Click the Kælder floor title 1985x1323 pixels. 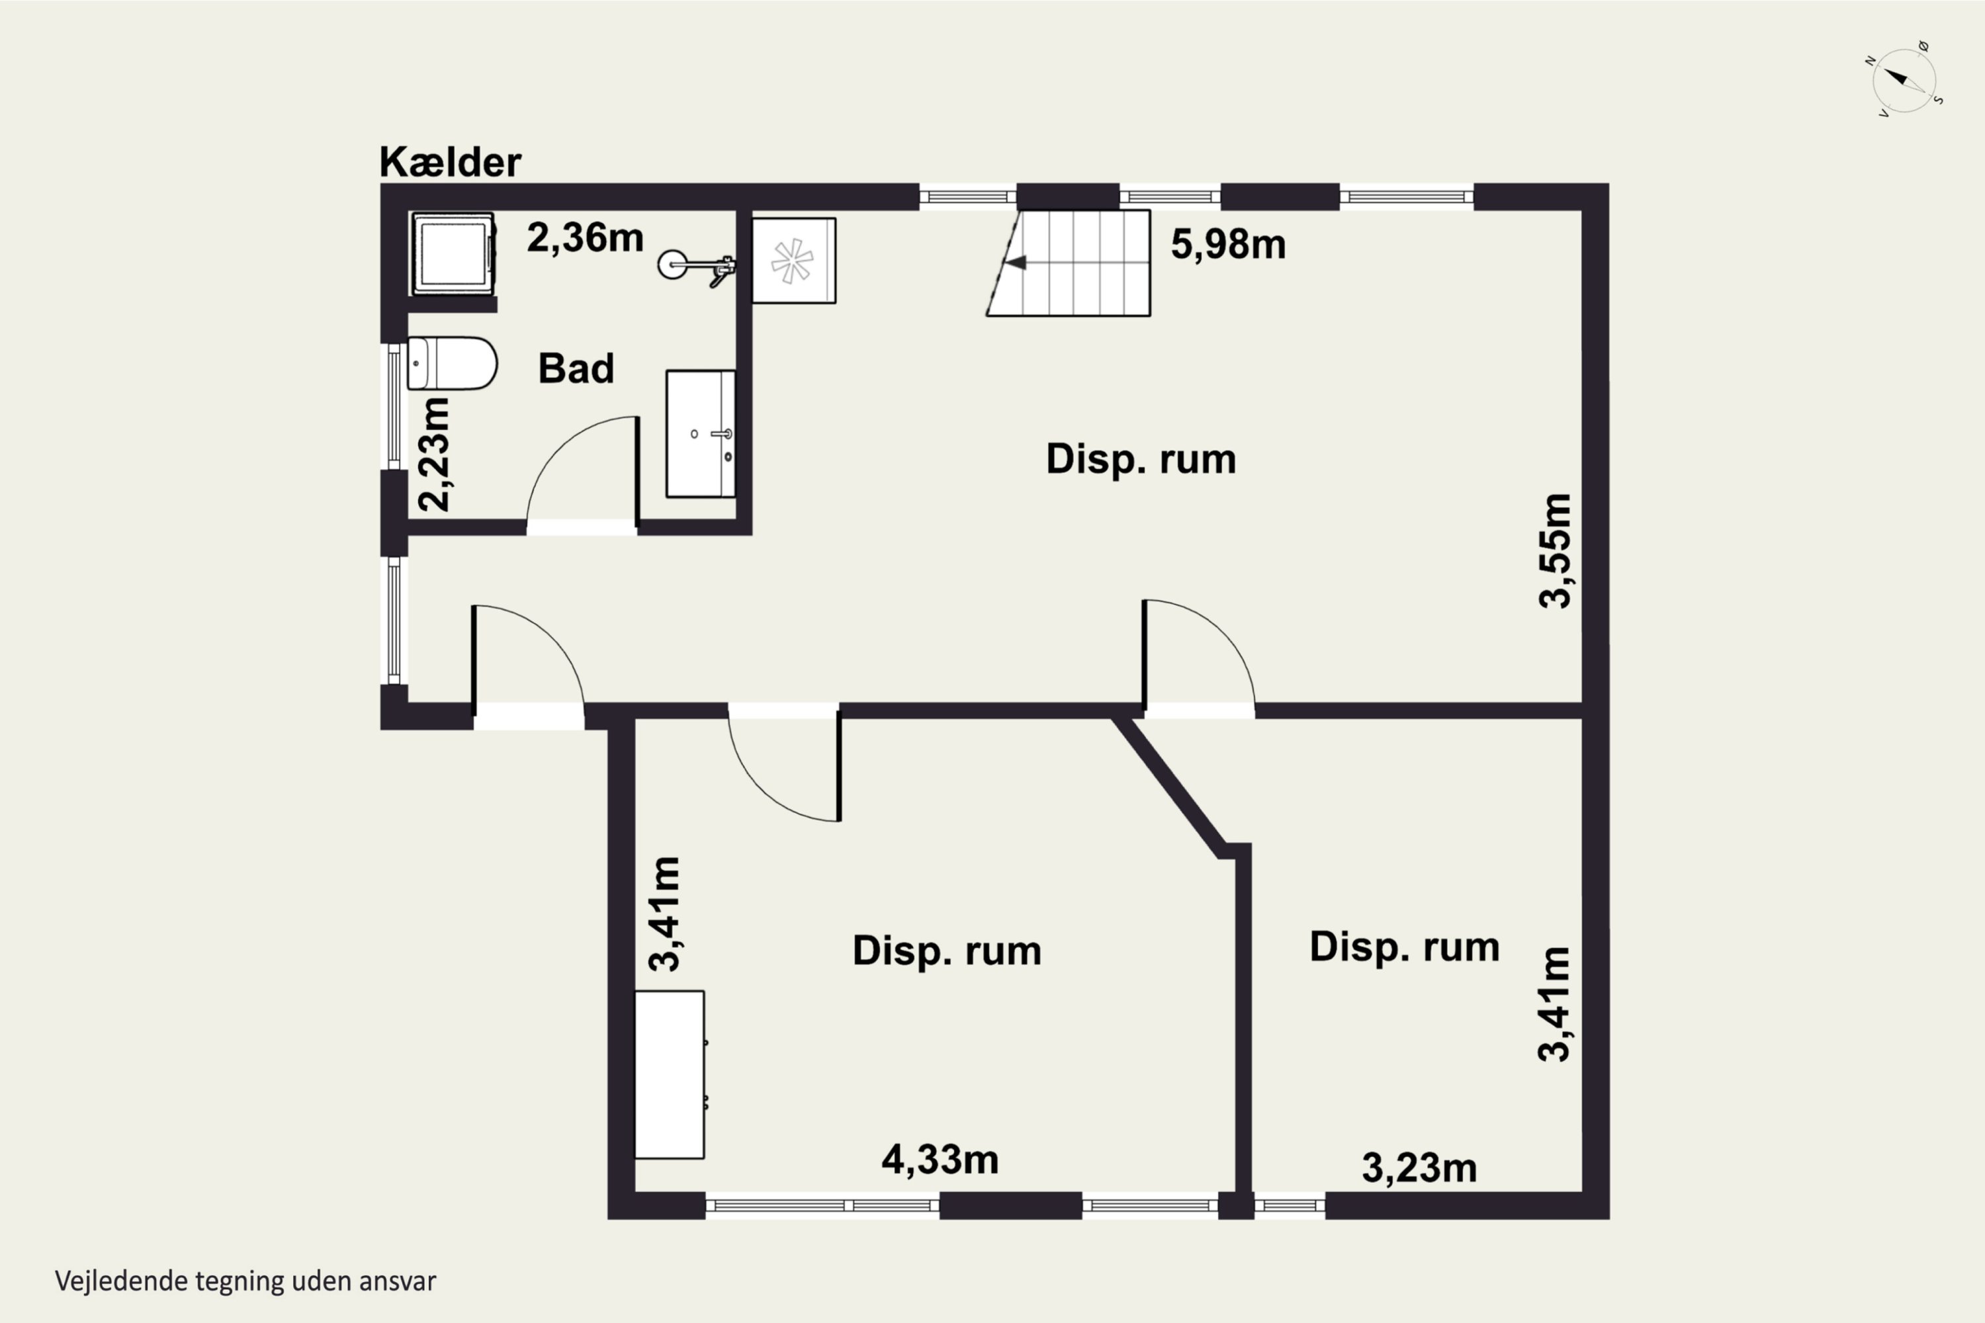(450, 161)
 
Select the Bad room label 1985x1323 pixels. (576, 368)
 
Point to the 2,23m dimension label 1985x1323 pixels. (435, 454)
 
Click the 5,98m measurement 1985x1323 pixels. (1228, 245)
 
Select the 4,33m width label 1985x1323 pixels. (940, 1160)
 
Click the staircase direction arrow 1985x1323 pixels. (1014, 263)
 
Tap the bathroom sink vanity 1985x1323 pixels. (701, 434)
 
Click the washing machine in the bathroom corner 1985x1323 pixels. (453, 254)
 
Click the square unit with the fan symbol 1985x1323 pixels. (793, 261)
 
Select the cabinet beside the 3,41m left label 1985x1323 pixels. (669, 1074)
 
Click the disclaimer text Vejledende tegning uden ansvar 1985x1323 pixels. (245, 1281)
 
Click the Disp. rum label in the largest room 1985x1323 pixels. (1141, 459)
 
